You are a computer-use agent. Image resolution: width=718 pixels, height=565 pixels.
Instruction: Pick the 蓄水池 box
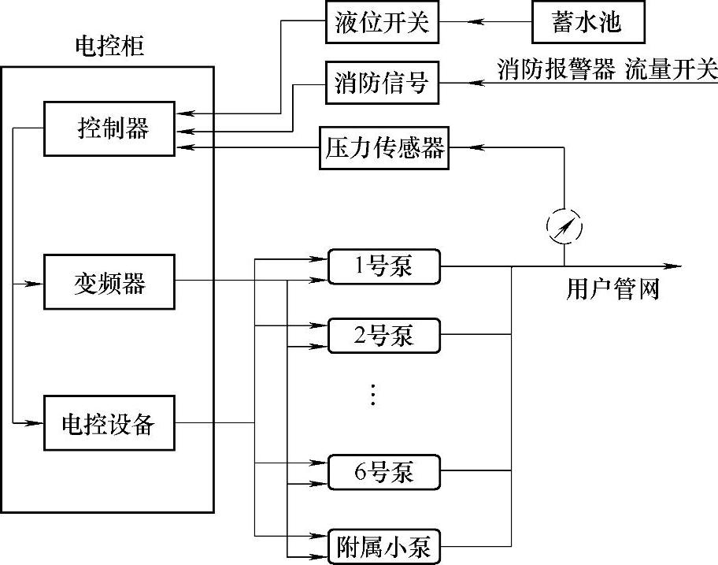click(587, 23)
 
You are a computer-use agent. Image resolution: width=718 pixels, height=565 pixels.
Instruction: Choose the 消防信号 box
click(381, 82)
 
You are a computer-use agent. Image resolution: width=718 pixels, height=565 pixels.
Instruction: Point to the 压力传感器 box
click(384, 147)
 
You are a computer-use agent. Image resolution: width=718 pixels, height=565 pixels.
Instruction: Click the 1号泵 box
click(383, 267)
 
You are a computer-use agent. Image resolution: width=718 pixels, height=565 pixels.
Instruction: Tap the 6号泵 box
click(383, 473)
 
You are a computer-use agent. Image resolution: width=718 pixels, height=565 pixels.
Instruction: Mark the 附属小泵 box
click(383, 546)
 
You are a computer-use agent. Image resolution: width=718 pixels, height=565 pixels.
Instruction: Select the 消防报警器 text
click(556, 69)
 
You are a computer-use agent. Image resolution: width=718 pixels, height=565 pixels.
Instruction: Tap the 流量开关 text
click(672, 69)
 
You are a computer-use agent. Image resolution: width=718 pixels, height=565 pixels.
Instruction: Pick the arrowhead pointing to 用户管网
click(674, 266)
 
